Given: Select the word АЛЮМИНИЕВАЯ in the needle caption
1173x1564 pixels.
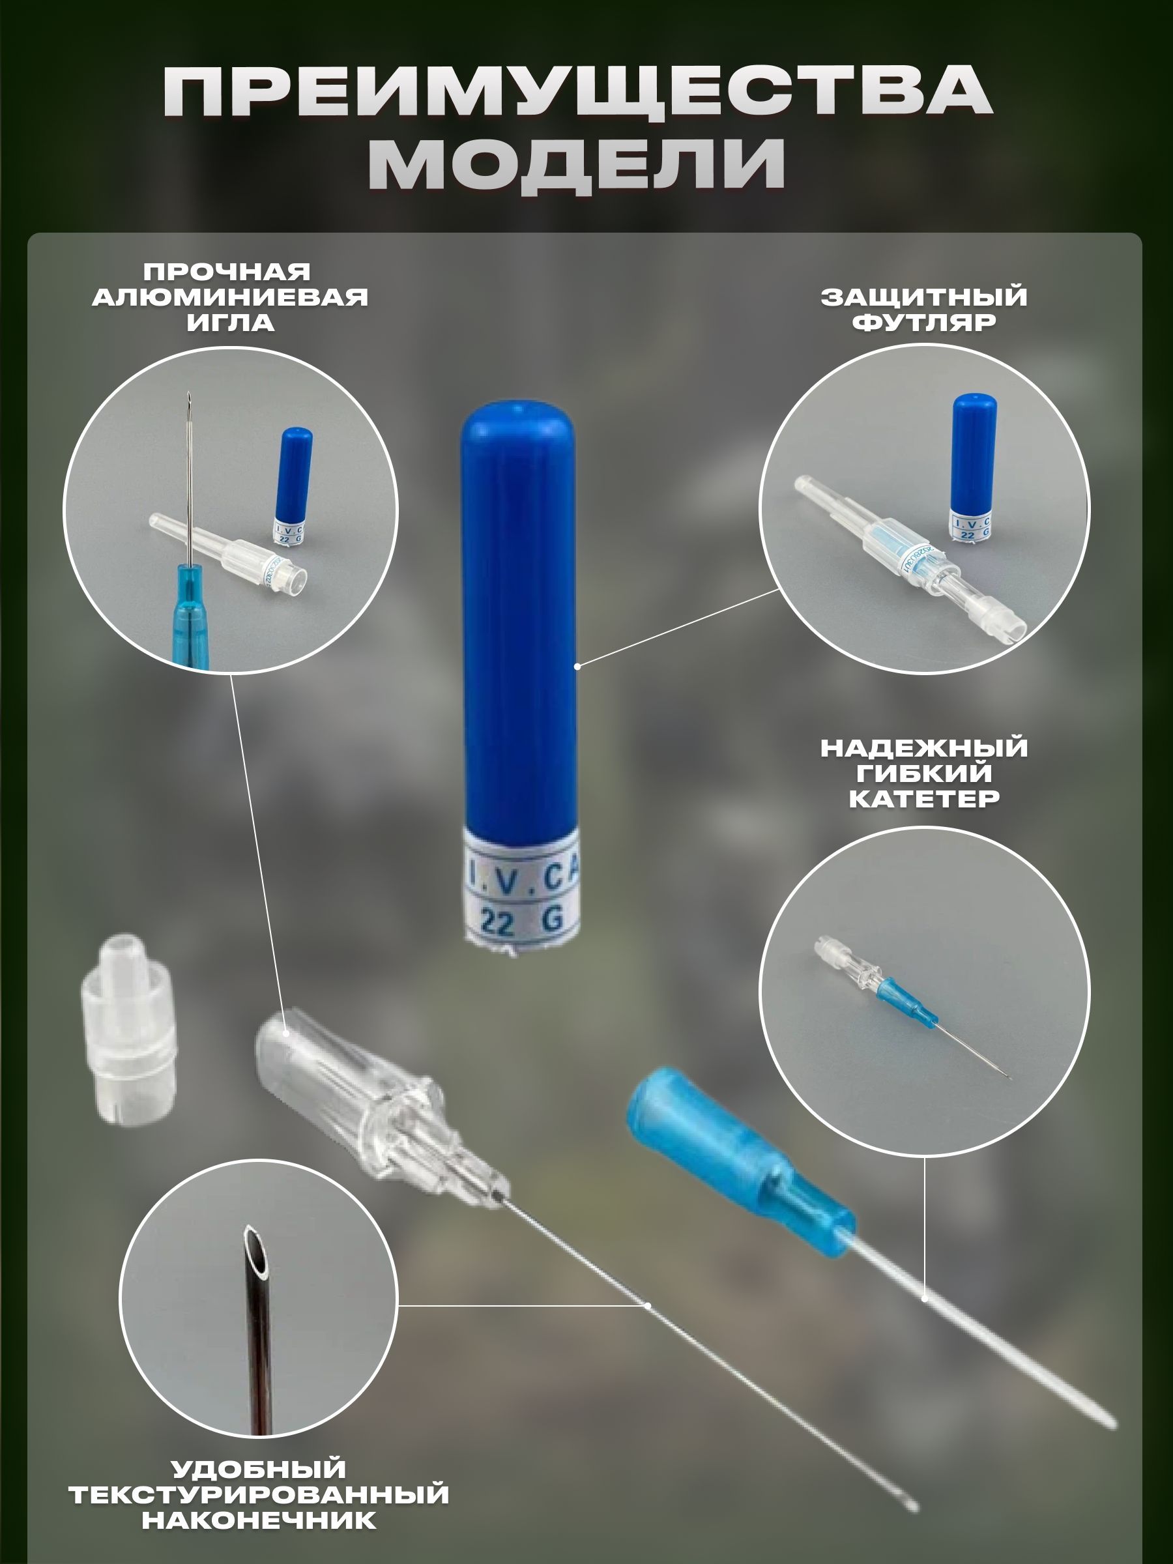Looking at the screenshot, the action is (x=231, y=297).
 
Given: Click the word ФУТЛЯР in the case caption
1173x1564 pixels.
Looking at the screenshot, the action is (x=924, y=323).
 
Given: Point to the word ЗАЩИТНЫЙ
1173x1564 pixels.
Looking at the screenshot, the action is (x=924, y=297).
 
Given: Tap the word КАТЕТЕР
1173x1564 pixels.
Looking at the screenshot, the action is (x=924, y=799).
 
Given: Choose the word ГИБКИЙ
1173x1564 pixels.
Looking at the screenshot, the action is (x=924, y=774).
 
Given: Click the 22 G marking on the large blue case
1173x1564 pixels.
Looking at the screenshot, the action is (x=522, y=921).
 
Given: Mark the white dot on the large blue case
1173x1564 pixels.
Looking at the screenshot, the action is (x=577, y=666).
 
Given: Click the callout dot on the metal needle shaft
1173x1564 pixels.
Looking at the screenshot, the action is (x=648, y=1305).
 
